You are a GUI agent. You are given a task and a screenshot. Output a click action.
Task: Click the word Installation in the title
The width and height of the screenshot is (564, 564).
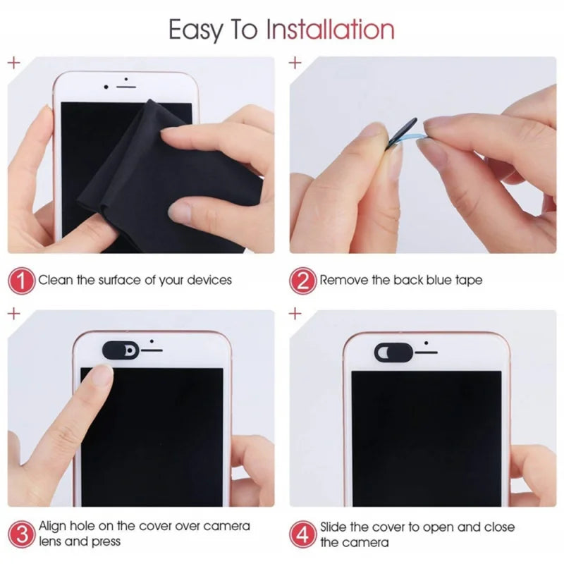pyautogui.click(x=329, y=29)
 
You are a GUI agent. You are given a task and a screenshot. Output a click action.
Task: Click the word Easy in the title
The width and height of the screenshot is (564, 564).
pyautogui.click(x=200, y=29)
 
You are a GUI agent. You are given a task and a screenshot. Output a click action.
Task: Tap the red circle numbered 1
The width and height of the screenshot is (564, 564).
pyautogui.click(x=22, y=281)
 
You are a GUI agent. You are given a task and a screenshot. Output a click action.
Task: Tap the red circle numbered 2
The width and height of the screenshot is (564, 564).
pyautogui.click(x=303, y=281)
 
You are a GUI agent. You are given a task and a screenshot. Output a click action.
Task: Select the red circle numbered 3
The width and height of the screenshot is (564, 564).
pyautogui.click(x=22, y=534)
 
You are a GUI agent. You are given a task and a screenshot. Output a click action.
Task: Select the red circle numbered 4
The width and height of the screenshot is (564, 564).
pyautogui.click(x=303, y=534)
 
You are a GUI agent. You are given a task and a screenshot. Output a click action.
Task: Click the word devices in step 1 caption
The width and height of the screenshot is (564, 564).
pyautogui.click(x=209, y=281)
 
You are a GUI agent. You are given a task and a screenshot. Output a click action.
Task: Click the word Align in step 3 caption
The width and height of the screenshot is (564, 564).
pyautogui.click(x=52, y=527)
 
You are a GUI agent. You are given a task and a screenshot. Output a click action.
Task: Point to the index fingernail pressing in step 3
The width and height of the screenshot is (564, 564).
pyautogui.click(x=104, y=379)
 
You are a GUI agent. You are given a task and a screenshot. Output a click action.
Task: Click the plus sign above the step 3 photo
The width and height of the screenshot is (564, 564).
pyautogui.click(x=13, y=314)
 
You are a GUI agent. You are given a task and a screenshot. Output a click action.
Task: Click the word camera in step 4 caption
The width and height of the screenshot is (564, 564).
pyautogui.click(x=367, y=542)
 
